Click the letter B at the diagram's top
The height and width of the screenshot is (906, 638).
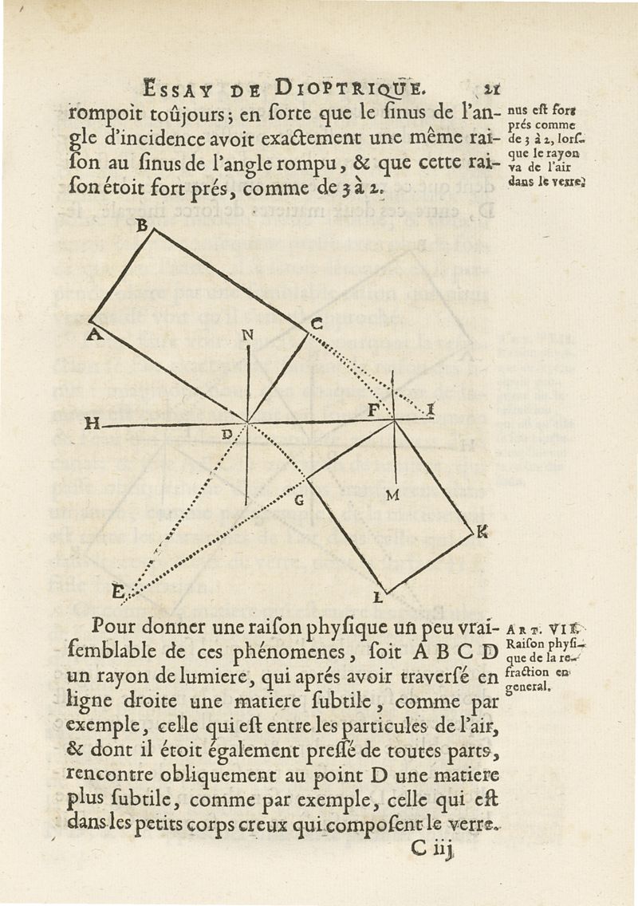(x=144, y=226)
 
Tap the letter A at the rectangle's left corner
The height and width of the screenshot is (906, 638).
(x=93, y=335)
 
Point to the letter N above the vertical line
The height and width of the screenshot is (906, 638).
(x=248, y=336)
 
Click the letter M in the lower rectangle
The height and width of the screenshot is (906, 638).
(x=392, y=495)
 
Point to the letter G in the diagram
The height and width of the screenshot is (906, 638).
(x=300, y=501)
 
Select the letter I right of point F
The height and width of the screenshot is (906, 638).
(x=431, y=410)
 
